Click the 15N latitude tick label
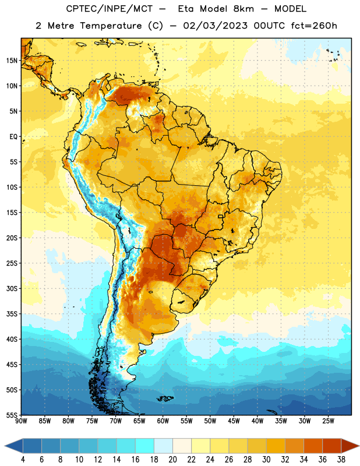(12, 61)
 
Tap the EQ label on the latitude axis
(13, 137)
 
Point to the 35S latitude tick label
(12, 314)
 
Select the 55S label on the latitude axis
(12, 415)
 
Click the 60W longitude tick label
(163, 421)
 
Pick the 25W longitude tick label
(328, 421)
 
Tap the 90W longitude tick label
(21, 421)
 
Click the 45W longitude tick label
(234, 421)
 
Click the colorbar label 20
(172, 460)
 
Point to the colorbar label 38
(341, 460)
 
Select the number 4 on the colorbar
(23, 460)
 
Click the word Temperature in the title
(111, 26)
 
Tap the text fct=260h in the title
(314, 26)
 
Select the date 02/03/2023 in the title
(215, 26)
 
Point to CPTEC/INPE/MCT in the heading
(109, 9)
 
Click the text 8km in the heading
(243, 9)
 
